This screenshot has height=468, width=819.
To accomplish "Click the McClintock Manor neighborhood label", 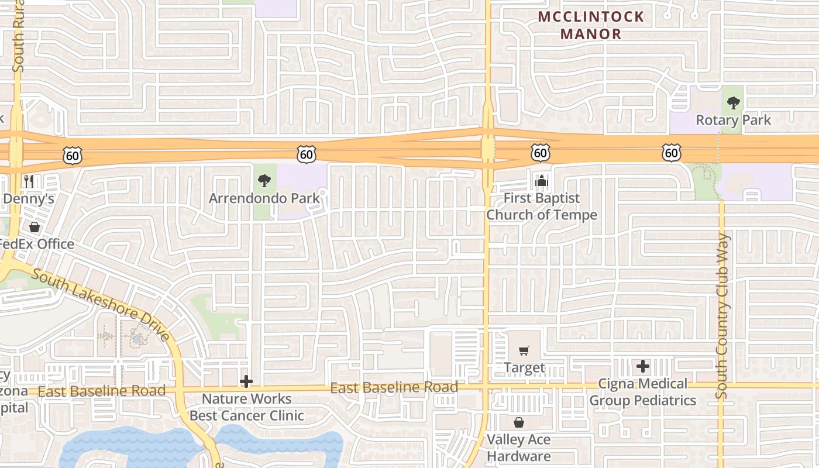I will click(x=591, y=25).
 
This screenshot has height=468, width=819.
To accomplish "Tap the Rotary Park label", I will click(x=733, y=121).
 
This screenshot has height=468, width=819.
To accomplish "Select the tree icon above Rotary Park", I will click(x=733, y=104).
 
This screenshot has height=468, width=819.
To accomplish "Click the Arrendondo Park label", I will click(x=264, y=198).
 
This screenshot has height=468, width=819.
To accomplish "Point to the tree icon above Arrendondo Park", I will click(x=264, y=180).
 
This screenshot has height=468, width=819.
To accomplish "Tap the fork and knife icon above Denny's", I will click(x=29, y=181).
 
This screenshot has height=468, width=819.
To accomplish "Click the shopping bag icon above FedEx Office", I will click(x=35, y=227).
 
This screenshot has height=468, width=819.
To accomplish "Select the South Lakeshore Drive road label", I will click(x=101, y=304).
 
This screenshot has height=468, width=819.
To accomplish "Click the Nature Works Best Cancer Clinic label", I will click(x=246, y=407).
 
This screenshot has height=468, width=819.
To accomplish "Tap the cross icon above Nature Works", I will click(x=246, y=382).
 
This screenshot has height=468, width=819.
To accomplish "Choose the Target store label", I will click(x=524, y=368).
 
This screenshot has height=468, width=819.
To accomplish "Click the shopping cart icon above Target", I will click(x=524, y=351).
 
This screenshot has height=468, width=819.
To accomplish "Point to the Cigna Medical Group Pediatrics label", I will click(x=642, y=392).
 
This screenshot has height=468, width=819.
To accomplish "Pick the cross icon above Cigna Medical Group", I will click(x=643, y=367).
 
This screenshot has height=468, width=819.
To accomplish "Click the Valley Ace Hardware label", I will click(x=519, y=448).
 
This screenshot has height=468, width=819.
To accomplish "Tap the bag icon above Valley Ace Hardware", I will click(x=519, y=422).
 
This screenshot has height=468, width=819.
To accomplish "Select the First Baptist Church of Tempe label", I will click(x=542, y=207).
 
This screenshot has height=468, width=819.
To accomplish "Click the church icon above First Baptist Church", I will click(x=542, y=181).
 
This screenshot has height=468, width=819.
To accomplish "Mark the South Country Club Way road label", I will click(x=722, y=316).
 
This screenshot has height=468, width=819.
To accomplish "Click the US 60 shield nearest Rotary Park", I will click(x=672, y=153).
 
